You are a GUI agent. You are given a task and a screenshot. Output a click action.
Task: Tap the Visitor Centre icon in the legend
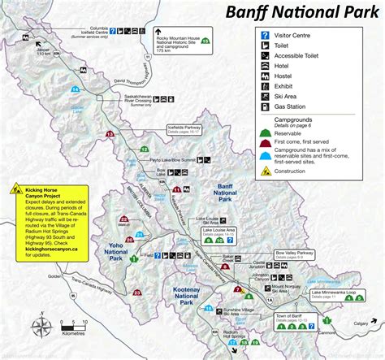tap(264, 36)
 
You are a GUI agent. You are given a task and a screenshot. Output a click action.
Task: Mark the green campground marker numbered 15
tap(204, 40)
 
